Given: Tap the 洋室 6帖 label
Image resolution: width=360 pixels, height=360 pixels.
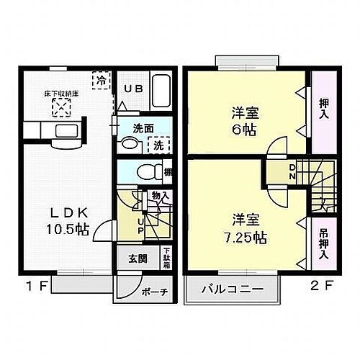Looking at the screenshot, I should point(246,121).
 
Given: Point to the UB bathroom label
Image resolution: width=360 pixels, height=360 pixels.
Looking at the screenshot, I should point(134,89).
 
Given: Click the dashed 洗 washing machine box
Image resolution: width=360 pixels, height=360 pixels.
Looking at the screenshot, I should point(157,143).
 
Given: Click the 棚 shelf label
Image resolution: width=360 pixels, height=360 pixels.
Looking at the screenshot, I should point(168,173).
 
